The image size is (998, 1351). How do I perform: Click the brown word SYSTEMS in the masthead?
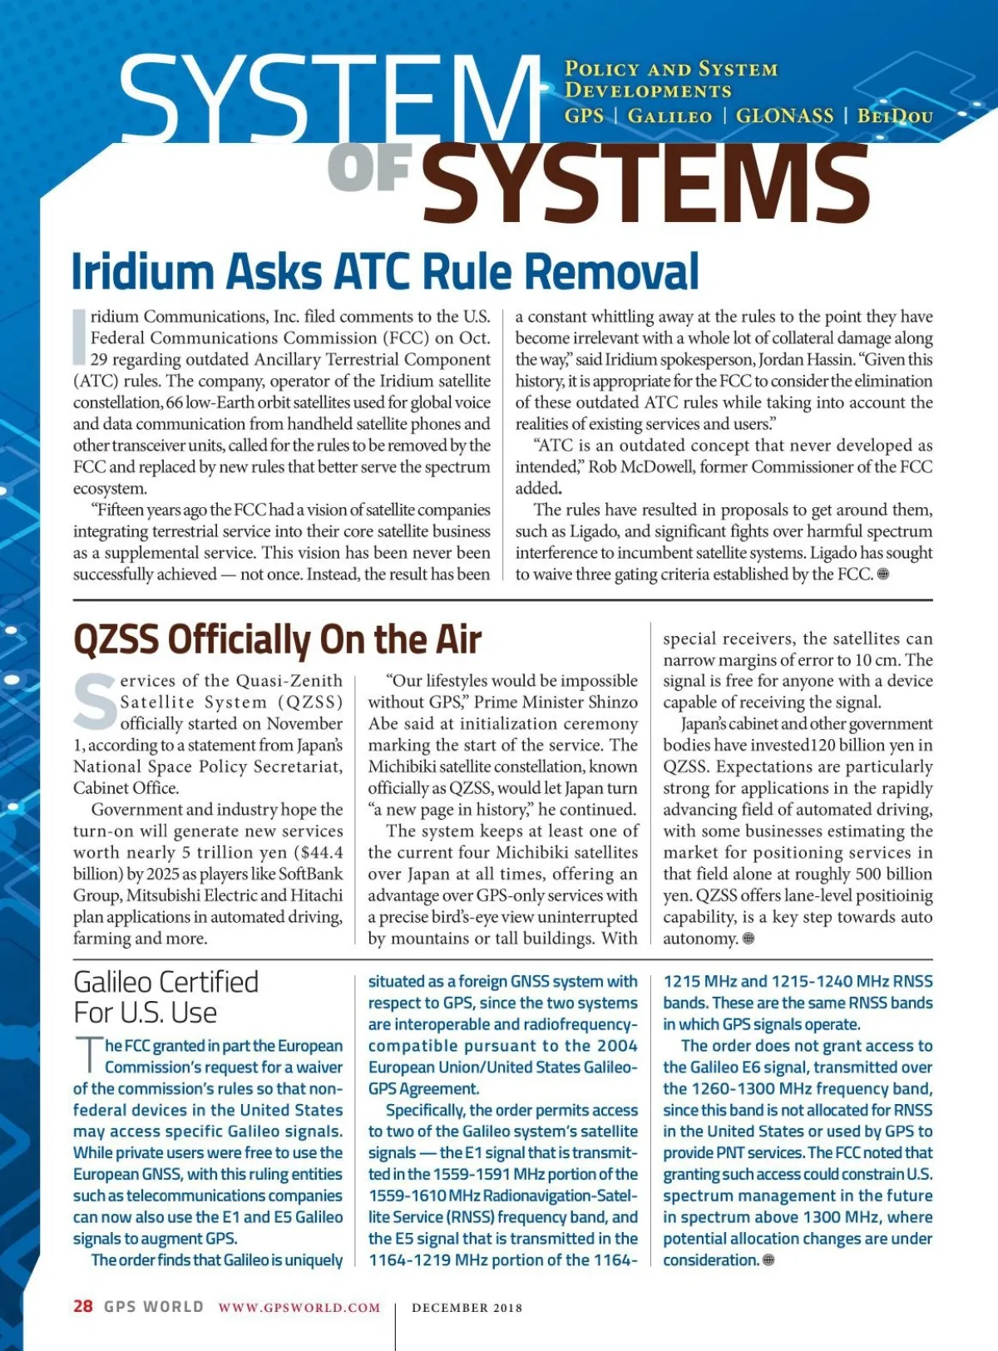coord(645,184)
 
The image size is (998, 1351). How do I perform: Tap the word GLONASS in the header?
coord(784,116)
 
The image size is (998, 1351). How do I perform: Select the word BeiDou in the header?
coord(895,116)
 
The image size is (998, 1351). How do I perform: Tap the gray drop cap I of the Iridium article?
coord(80,337)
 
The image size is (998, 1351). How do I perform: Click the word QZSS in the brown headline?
coord(116,639)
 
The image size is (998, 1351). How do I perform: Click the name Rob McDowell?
coord(640,466)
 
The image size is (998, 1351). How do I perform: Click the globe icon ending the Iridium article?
coord(883,574)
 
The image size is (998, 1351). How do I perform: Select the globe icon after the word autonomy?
coord(748,938)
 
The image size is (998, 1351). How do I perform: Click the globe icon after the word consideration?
coord(768,1260)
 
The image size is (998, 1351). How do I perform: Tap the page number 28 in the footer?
coord(82,1306)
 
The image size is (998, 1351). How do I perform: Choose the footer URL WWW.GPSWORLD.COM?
coord(299,1307)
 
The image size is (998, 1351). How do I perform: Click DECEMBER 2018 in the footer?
coord(467,1308)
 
